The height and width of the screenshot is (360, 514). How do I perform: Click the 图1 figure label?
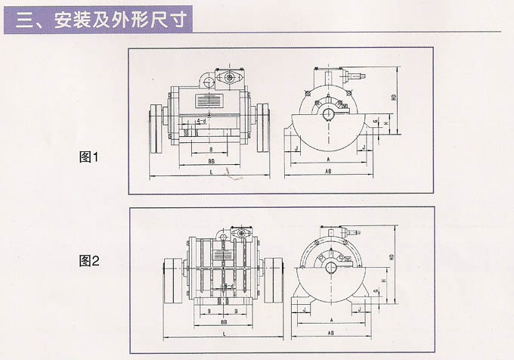(90, 157)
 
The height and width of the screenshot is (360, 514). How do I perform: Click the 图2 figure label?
(90, 262)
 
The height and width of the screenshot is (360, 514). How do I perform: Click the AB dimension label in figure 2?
(331, 334)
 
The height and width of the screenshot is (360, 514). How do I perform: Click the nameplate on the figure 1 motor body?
(209, 100)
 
